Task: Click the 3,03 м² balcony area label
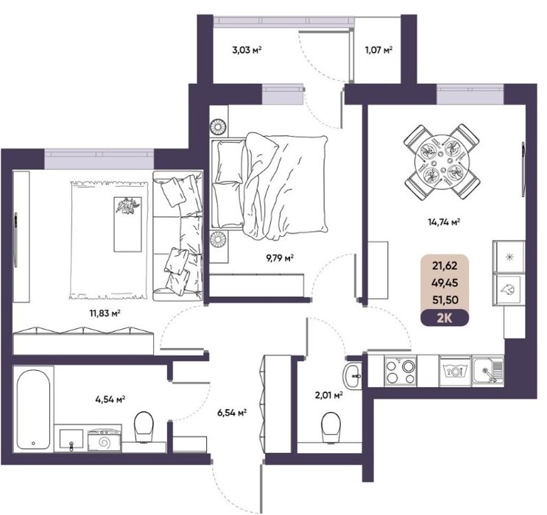(x=247, y=50)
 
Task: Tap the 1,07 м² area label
(x=379, y=50)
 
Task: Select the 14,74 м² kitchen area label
(x=444, y=221)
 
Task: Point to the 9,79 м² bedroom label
(x=280, y=258)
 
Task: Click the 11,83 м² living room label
(x=105, y=313)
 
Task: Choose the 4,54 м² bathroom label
(x=110, y=399)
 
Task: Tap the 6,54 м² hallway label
(x=232, y=413)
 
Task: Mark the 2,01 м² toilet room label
(x=328, y=395)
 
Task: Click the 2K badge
(x=445, y=318)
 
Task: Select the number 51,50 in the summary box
(x=445, y=299)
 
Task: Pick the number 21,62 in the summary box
(x=445, y=266)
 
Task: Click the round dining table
(x=442, y=161)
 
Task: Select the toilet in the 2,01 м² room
(x=331, y=427)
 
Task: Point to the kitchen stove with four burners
(x=400, y=371)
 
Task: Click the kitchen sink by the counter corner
(x=487, y=371)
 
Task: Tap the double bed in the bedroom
(x=269, y=187)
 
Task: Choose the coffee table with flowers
(x=127, y=224)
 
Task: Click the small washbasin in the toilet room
(x=352, y=375)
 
